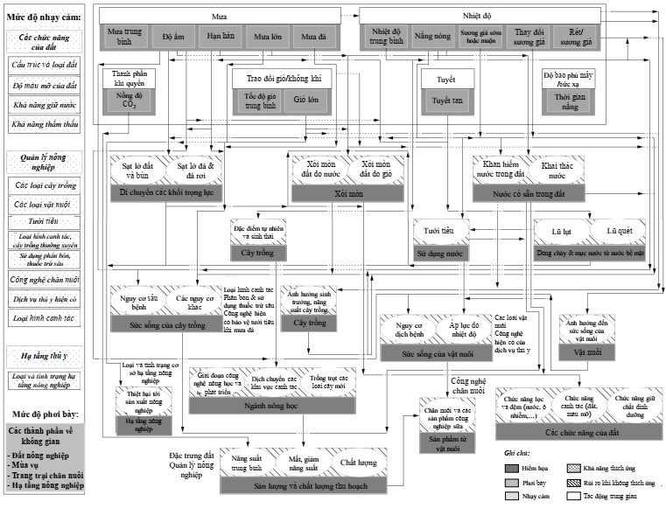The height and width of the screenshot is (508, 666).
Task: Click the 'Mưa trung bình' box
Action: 126,37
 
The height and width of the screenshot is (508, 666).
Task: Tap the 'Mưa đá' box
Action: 313,38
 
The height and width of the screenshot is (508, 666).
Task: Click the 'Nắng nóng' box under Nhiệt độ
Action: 431,37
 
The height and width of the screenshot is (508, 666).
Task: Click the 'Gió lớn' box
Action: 305,101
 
